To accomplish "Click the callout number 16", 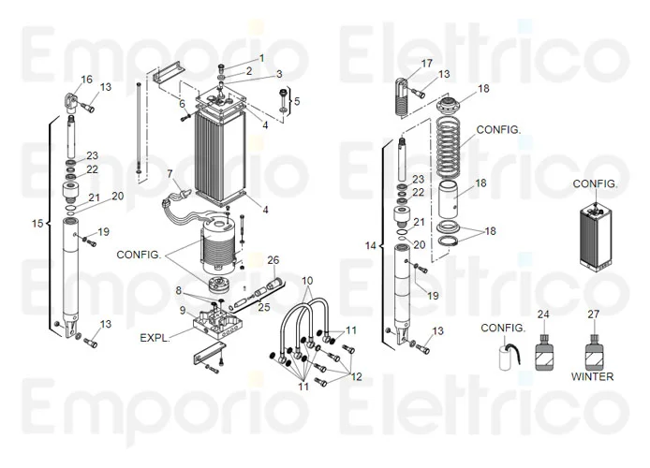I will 87,79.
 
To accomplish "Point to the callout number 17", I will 427,63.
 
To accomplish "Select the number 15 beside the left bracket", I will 37,224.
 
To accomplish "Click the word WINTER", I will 592,377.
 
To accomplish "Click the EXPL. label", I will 155,337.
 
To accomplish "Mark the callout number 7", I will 170,174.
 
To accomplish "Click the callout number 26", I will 273,259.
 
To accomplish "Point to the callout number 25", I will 263,307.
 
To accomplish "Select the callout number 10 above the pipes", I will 307,281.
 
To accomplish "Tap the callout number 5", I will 297,101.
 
